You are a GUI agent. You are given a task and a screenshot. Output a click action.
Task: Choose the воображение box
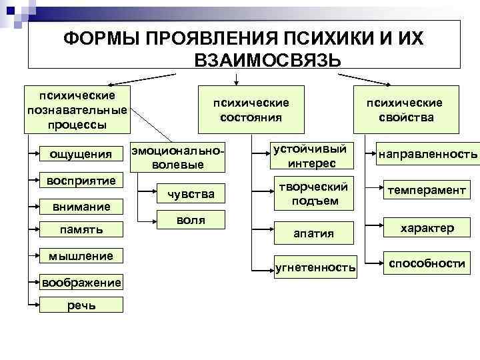(81, 282)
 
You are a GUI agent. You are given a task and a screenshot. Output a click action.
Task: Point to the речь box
(81, 305)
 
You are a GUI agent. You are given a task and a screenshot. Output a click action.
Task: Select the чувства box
(191, 194)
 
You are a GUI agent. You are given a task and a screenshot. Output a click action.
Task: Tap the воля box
(191, 220)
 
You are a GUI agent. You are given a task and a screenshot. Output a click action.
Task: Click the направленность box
(427, 155)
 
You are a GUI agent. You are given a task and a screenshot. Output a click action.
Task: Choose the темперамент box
(427, 191)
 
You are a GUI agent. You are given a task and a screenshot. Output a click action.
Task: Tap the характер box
(427, 228)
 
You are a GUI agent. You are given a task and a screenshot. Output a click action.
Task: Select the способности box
(427, 263)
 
